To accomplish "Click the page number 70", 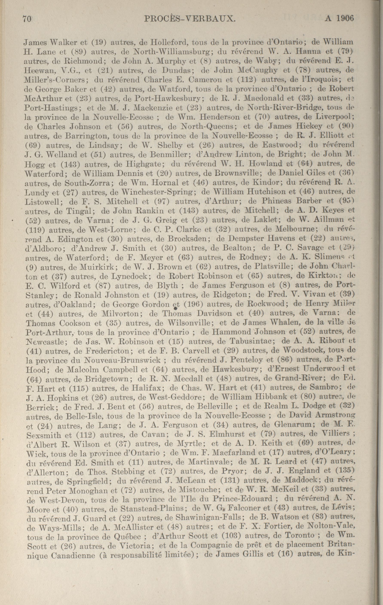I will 27,19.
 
